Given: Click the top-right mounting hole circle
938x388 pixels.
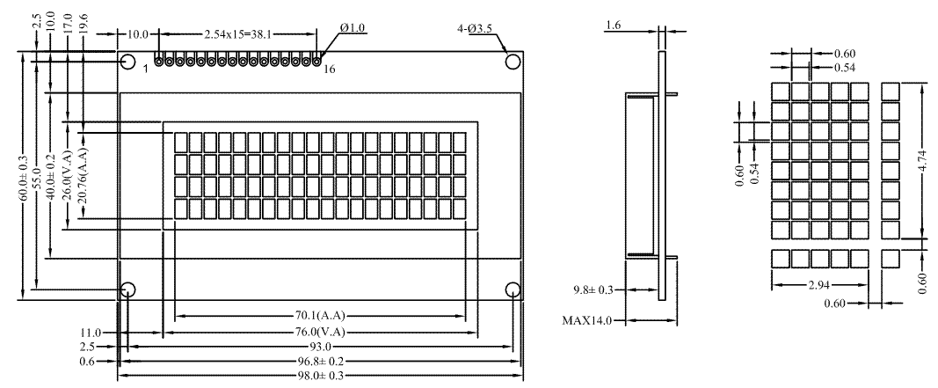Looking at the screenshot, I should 513,62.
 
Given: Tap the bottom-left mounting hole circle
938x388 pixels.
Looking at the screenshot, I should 128,289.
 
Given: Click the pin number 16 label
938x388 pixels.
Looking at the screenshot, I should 329,70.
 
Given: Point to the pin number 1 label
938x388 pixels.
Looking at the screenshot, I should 145,69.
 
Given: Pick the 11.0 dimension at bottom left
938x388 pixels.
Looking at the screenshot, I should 91,333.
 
